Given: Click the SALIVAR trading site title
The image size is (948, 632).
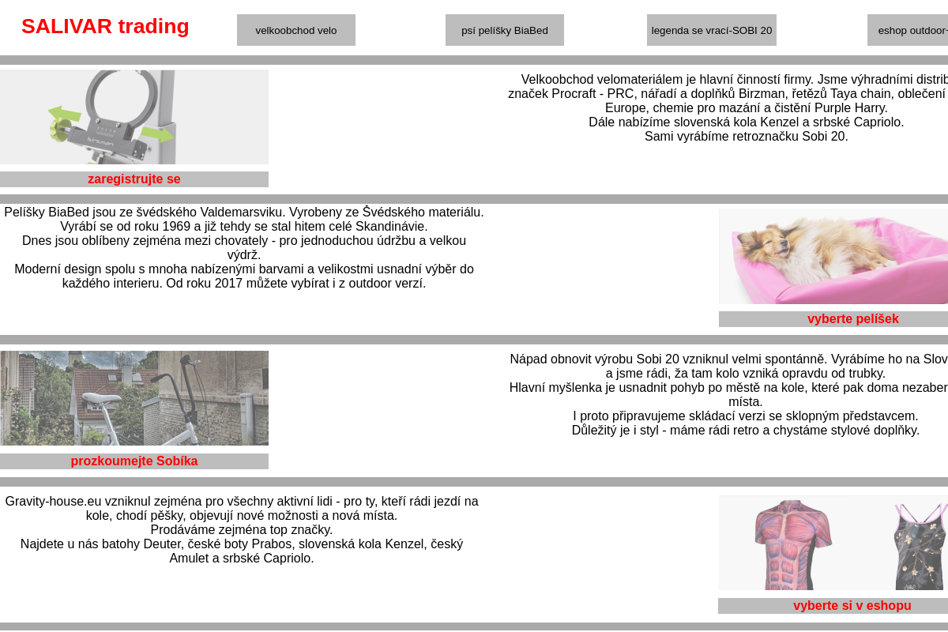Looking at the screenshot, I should pyautogui.click(x=105, y=26).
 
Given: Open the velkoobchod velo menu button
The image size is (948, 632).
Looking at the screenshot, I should pyautogui.click(x=296, y=30).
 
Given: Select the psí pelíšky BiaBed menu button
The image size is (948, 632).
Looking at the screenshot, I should pyautogui.click(x=505, y=30).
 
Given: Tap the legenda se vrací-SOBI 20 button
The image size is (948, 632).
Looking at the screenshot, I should pyautogui.click(x=712, y=30).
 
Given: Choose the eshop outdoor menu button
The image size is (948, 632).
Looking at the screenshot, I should pyautogui.click(x=908, y=30).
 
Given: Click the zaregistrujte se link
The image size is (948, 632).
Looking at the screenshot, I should pyautogui.click(x=134, y=179).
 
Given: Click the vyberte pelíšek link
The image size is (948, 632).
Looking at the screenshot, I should pyautogui.click(x=852, y=319).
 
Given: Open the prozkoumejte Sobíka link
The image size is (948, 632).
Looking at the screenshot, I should pyautogui.click(x=134, y=461).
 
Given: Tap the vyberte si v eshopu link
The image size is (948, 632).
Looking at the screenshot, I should pyautogui.click(x=852, y=606).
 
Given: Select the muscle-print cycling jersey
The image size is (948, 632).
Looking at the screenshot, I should pyautogui.click(x=792, y=544).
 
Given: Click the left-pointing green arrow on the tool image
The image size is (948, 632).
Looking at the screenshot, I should pyautogui.click(x=65, y=115).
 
